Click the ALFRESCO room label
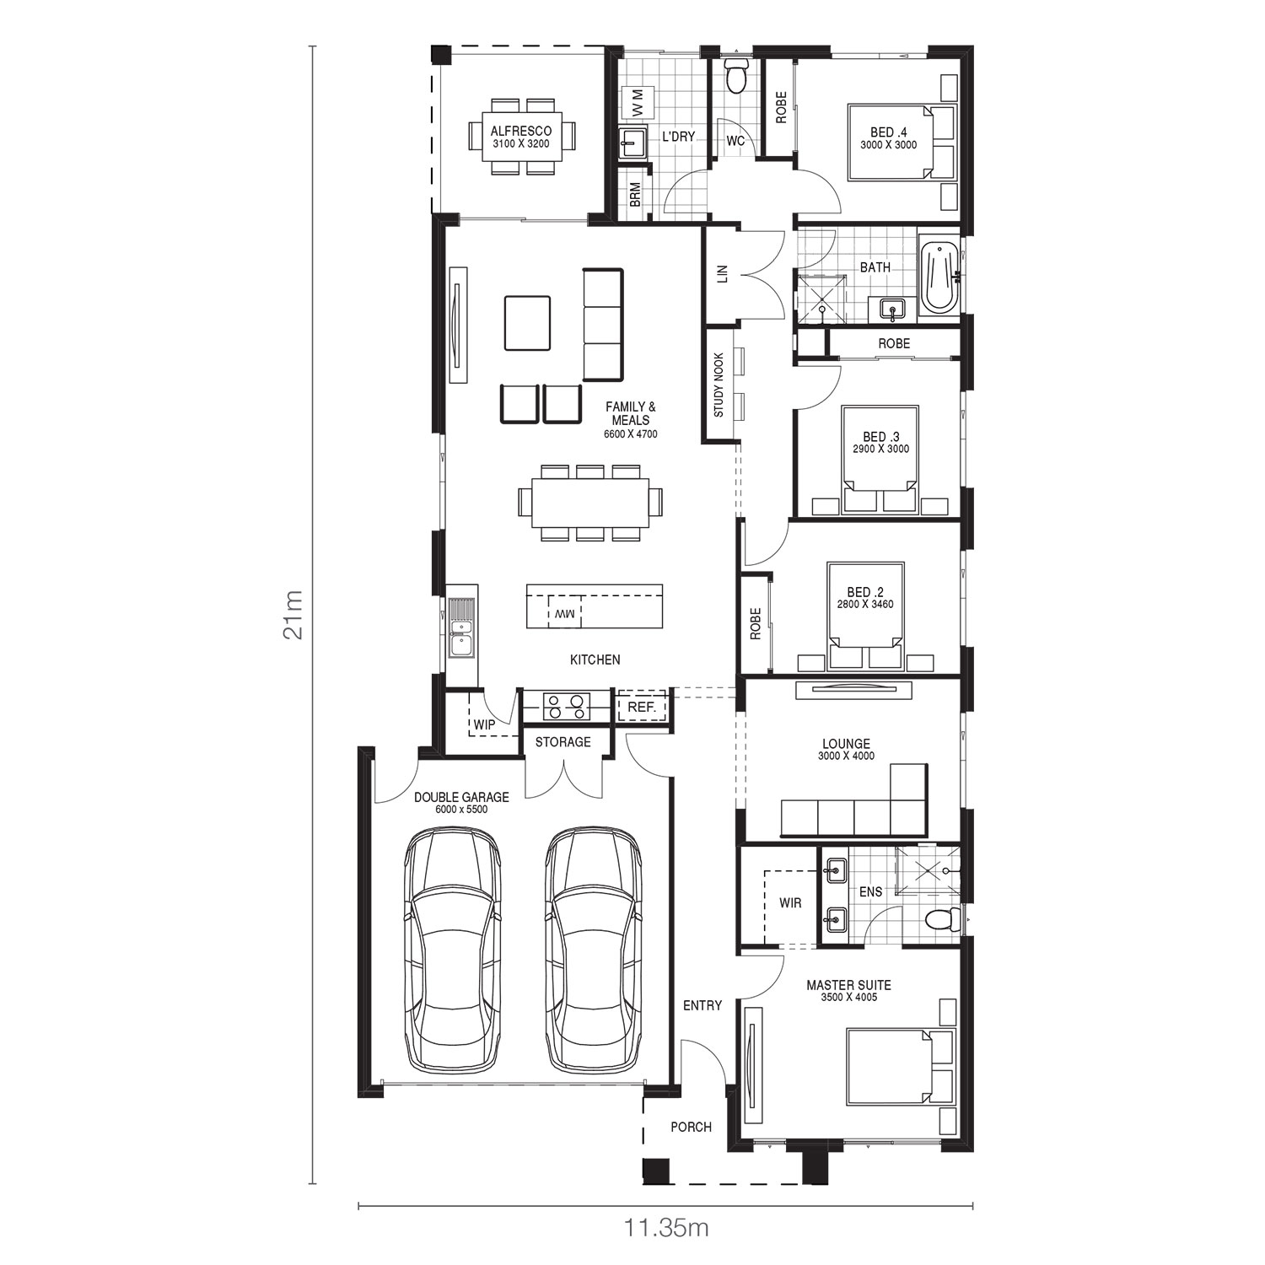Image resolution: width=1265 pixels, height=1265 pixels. pyautogui.click(x=521, y=131)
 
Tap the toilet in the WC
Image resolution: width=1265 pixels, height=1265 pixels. pyautogui.click(x=736, y=75)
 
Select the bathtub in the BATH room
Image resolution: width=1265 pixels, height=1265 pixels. pyautogui.click(x=938, y=277)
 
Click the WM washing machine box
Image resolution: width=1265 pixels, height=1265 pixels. pyautogui.click(x=636, y=103)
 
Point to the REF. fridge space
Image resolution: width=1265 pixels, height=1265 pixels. pyautogui.click(x=643, y=707)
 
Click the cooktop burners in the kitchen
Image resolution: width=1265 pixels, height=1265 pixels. pyautogui.click(x=565, y=706)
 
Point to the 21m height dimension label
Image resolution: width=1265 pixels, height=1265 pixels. pyautogui.click(x=293, y=614)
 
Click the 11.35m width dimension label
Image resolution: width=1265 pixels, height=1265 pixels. pyautogui.click(x=666, y=1227)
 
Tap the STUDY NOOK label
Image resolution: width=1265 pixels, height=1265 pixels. pyautogui.click(x=719, y=385)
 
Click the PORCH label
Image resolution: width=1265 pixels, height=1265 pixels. pyautogui.click(x=691, y=1127)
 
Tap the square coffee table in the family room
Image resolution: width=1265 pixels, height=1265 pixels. pyautogui.click(x=527, y=322)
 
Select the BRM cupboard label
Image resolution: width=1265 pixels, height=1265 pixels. pyautogui.click(x=635, y=195)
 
